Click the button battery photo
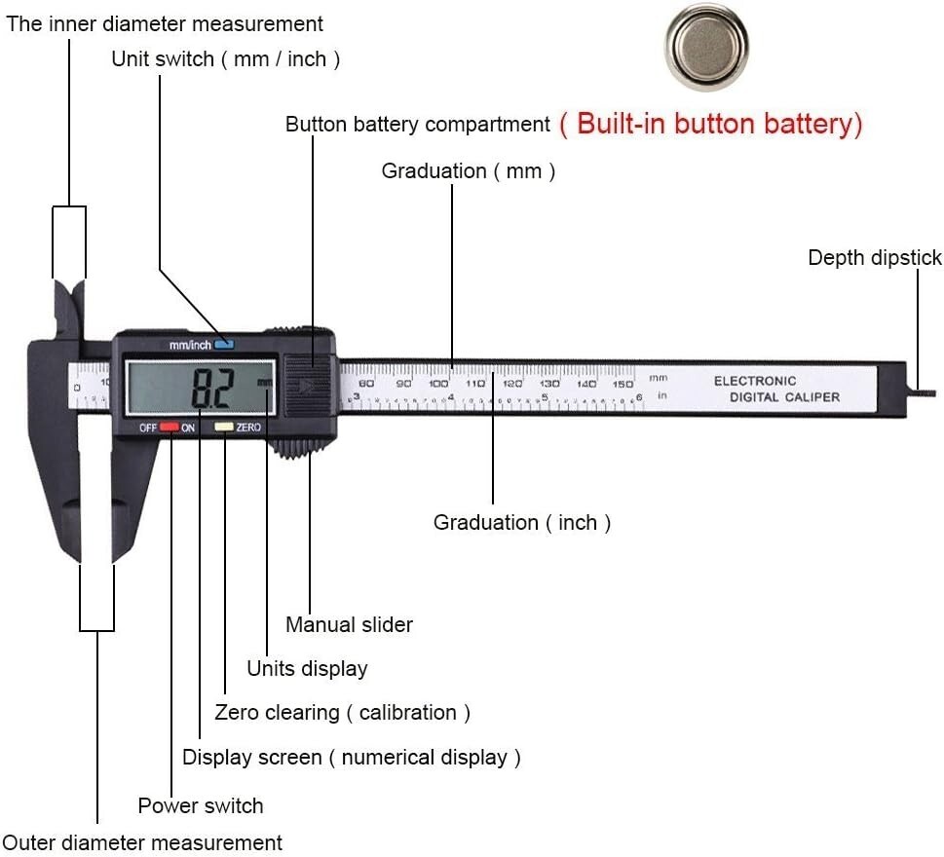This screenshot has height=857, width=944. click(707, 47)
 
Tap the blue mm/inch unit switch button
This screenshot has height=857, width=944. click(225, 344)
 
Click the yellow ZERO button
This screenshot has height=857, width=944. click(224, 427)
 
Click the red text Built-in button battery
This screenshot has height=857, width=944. click(711, 124)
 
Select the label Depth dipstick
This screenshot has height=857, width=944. click(875, 257)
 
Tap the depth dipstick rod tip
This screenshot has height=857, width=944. click(933, 393)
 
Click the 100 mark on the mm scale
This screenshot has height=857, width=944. click(438, 384)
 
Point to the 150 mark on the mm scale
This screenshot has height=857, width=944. click(623, 384)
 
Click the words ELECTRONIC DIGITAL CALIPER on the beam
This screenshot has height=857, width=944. click(776, 389)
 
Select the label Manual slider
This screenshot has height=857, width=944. click(349, 624)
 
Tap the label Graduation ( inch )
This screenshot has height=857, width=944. click(522, 522)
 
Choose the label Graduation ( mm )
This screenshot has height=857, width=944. click(469, 171)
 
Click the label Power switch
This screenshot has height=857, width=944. click(201, 805)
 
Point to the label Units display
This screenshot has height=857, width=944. click(307, 669)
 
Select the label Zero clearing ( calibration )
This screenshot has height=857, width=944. click(342, 713)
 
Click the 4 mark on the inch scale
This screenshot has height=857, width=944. click(451, 397)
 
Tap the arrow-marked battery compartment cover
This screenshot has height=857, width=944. click(308, 386)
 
